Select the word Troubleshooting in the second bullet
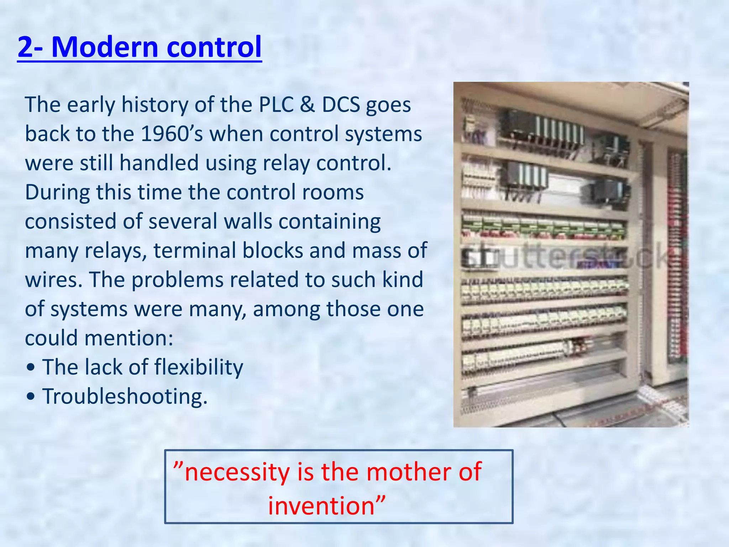tap(125, 396)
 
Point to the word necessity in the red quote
tap(237, 472)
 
